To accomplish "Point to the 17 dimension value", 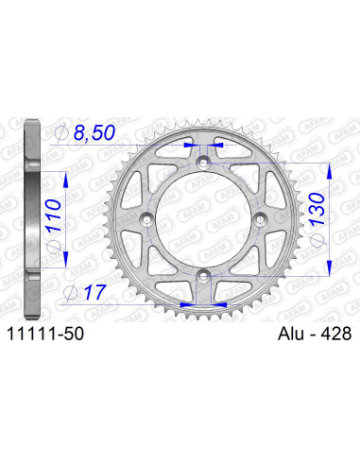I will pos(93,294).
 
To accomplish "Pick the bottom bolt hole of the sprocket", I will pos(203,275).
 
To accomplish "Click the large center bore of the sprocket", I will pos(203,219).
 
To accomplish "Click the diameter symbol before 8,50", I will pos(62,134).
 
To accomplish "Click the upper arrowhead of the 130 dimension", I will pos(328,166).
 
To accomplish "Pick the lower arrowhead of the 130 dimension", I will pos(328,271).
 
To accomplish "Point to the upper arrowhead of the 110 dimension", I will pos(65,176).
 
